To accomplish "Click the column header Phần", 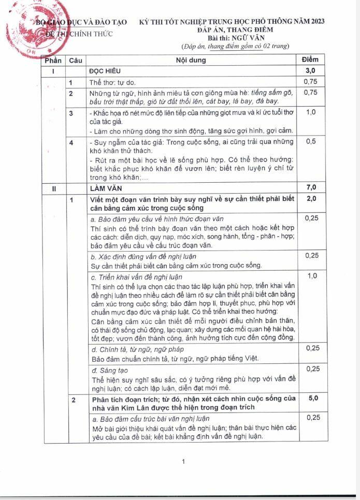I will (54, 60).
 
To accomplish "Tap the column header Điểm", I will (311, 60).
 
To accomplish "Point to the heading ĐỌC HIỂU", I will (106, 70).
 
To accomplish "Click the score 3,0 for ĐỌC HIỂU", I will (311, 70).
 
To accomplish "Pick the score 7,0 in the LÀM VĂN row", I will (311, 187).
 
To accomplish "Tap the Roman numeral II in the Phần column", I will (54, 188).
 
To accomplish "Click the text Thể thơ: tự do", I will (112, 82).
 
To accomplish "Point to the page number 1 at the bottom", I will (183, 462).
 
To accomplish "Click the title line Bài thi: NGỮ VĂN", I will (235, 38).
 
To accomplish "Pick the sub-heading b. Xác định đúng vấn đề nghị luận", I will (143, 256).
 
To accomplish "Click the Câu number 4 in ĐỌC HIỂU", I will (71, 142).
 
